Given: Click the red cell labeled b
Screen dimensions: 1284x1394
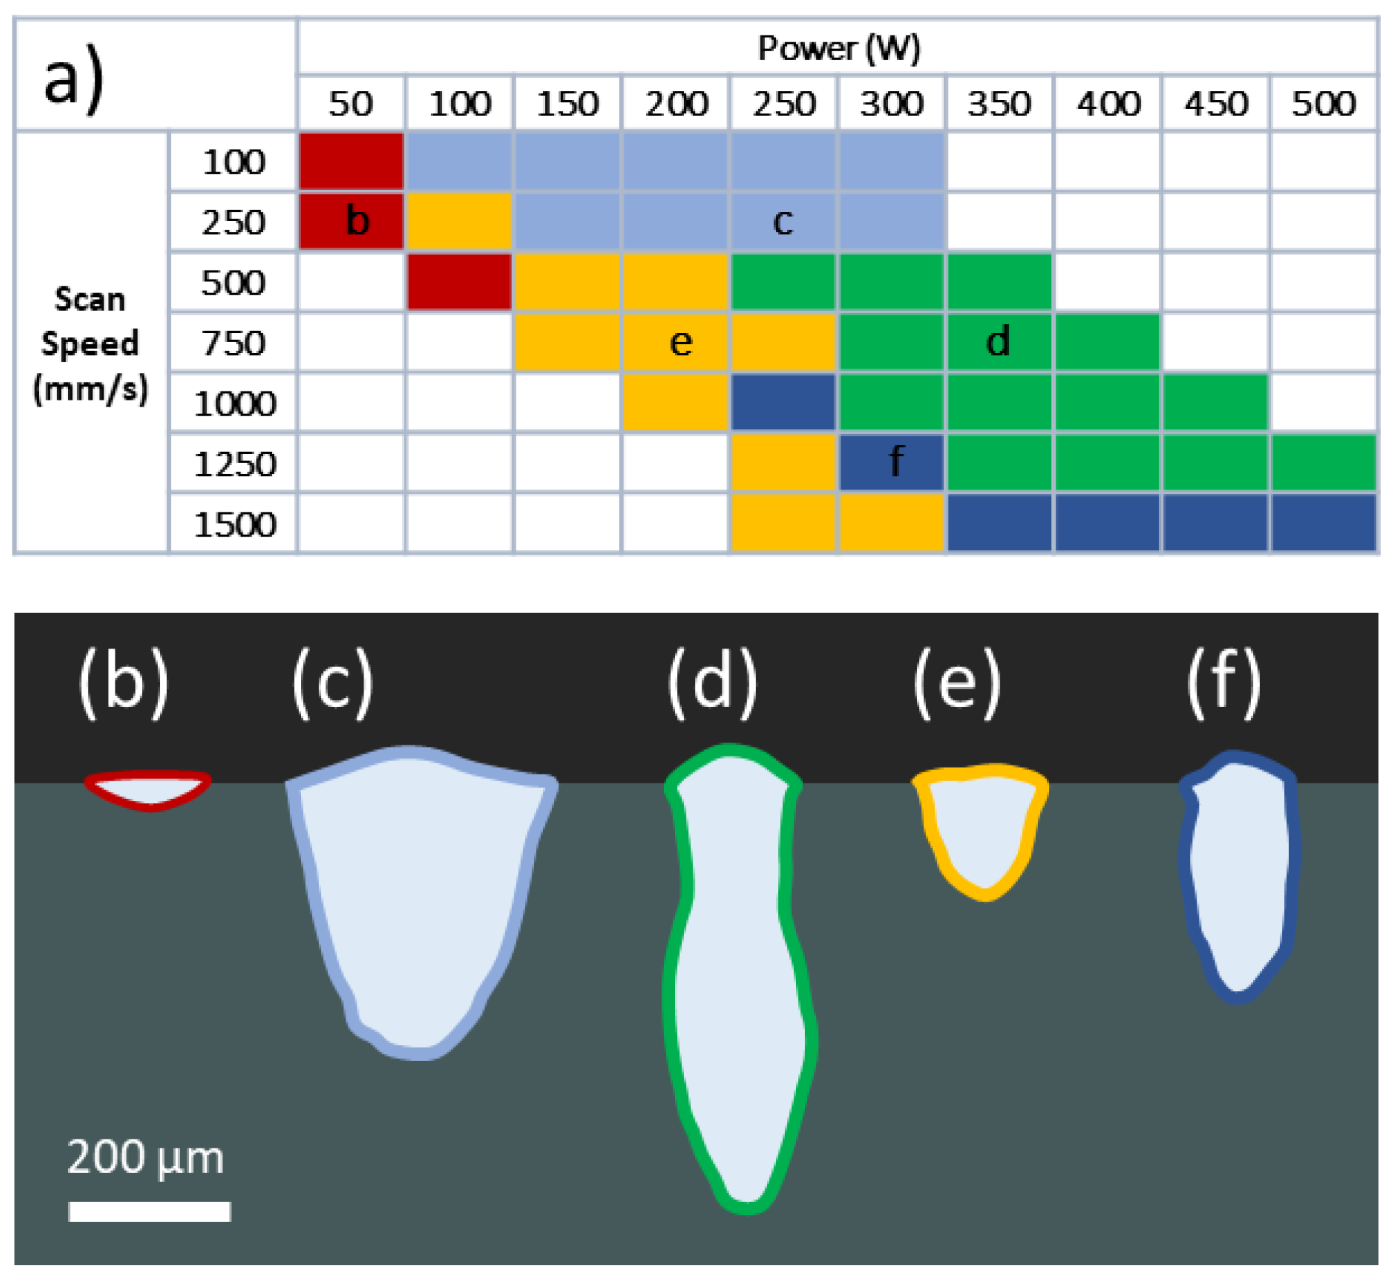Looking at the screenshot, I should pyautogui.click(x=351, y=221).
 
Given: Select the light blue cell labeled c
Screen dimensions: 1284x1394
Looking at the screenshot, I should pyautogui.click(x=783, y=221).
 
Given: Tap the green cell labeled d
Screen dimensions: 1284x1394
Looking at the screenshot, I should pyautogui.click(x=998, y=342).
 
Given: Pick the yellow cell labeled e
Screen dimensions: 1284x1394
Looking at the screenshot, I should pyautogui.click(x=676, y=342).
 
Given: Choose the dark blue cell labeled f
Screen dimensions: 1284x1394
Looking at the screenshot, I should pyautogui.click(x=891, y=462).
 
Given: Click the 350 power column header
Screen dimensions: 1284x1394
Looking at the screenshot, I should pyautogui.click(x=999, y=104).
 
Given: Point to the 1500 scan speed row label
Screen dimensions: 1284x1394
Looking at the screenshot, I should pyautogui.click(x=234, y=524).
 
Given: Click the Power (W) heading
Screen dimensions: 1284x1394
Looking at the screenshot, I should pyautogui.click(x=838, y=48).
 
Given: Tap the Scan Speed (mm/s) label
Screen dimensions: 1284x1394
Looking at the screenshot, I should pyautogui.click(x=90, y=343).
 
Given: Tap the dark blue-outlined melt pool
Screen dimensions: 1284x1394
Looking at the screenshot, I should pyautogui.click(x=1239, y=876).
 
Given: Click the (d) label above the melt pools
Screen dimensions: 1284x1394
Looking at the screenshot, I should pyautogui.click(x=712, y=683).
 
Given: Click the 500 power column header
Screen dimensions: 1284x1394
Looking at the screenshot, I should pyautogui.click(x=1323, y=104).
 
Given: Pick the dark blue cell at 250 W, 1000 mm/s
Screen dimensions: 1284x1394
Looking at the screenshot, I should pyautogui.click(x=783, y=403).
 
